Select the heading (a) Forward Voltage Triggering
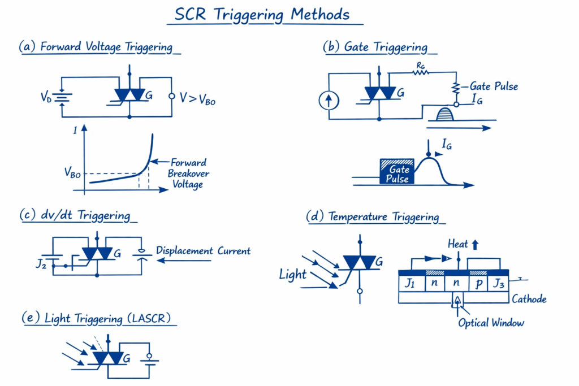pos(100,47)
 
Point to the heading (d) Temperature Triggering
pos(375,216)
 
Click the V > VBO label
pos(197,98)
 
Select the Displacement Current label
pos(203,251)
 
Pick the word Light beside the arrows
pos(292,275)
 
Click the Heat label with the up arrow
pos(464,244)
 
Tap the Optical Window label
pos(491,323)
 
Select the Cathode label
pos(529,298)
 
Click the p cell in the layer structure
pos(478,283)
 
